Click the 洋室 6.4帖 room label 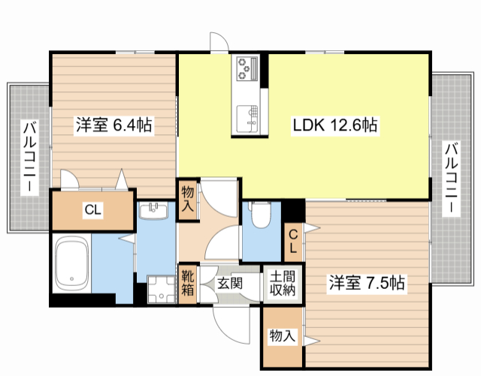[x=113, y=125]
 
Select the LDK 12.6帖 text [x=334, y=125]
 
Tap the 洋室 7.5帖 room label [x=366, y=283]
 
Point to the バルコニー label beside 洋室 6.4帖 [x=29, y=157]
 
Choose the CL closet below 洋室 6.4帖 [x=92, y=211]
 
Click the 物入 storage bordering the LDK [x=188, y=200]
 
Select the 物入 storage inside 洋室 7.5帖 [x=282, y=336]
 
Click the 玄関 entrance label [x=229, y=284]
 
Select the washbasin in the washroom [x=156, y=209]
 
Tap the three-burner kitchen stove [x=246, y=69]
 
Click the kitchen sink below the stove [x=246, y=116]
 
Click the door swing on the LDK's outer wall [x=219, y=42]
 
